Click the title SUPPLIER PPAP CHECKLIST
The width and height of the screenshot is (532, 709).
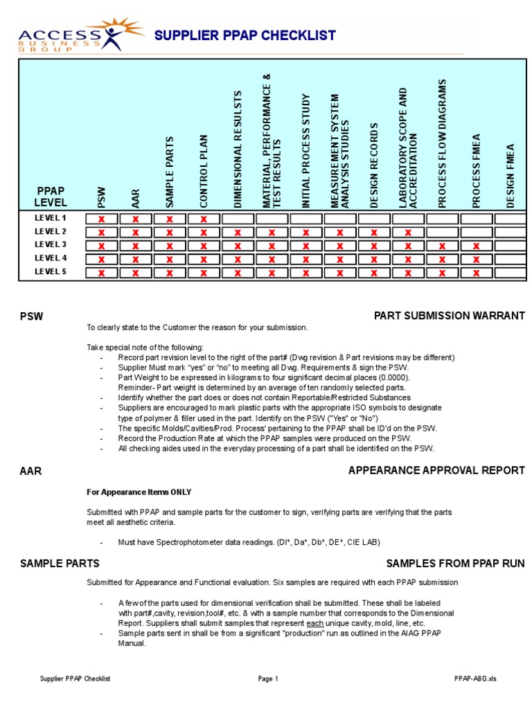coord(245,35)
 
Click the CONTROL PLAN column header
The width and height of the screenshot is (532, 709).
coord(204,170)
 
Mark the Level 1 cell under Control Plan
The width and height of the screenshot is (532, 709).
coord(204,219)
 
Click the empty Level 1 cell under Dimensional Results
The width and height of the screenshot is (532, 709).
coord(238,219)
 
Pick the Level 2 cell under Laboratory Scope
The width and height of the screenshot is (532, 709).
coord(408,233)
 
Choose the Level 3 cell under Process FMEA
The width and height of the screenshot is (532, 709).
coord(476,246)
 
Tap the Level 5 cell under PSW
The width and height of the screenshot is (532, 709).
coord(102,273)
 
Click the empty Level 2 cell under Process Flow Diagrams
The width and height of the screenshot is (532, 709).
coord(442,233)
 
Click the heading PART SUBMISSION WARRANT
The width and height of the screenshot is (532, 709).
coord(449,316)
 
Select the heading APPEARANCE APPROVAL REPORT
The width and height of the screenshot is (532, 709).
coord(436,471)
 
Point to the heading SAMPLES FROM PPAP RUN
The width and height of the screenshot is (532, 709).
coord(455,564)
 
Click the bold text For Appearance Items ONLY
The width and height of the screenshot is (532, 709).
coord(139,492)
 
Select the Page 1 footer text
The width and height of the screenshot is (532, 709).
coord(268,679)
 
